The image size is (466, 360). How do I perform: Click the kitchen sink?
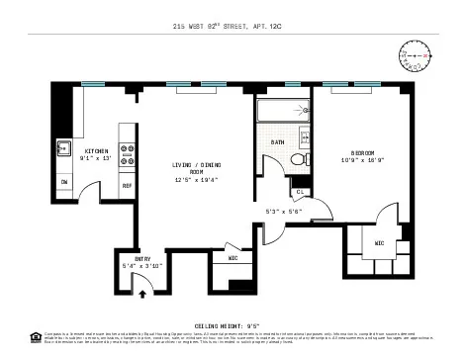pyautogui.click(x=62, y=151)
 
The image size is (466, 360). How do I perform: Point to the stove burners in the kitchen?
pyautogui.click(x=127, y=154)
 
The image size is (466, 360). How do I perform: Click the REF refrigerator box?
pyautogui.click(x=127, y=185)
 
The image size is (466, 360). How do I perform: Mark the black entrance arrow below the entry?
pyautogui.click(x=142, y=293)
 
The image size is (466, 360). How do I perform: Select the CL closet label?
pyautogui.click(x=300, y=191)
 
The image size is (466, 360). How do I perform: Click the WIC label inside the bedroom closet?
pyautogui.click(x=378, y=242)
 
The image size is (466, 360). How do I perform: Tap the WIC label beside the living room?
pyautogui.click(x=232, y=259)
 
